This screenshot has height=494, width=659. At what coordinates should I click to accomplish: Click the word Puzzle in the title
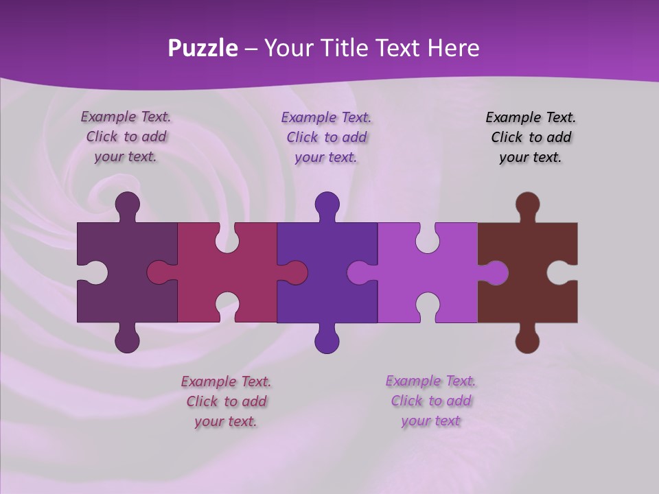coord(203,48)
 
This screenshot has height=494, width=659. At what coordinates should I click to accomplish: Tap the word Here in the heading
coord(453,48)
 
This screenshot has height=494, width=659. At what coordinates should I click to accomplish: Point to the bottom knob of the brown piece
coord(527,340)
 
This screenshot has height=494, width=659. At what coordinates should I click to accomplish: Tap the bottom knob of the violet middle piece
coord(327,340)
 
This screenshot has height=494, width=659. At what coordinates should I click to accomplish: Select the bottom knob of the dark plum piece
coord(127,340)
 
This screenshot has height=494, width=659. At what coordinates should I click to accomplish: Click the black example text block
coord(531,137)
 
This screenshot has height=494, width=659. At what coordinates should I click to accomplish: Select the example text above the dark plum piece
coord(126,137)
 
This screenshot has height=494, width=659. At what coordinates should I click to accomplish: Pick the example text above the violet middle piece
coord(326,137)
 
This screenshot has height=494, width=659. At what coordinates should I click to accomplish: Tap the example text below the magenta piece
coord(226,401)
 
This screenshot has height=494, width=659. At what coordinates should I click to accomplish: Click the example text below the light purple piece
coord(430,401)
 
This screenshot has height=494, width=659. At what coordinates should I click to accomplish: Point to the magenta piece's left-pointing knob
coord(159,273)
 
